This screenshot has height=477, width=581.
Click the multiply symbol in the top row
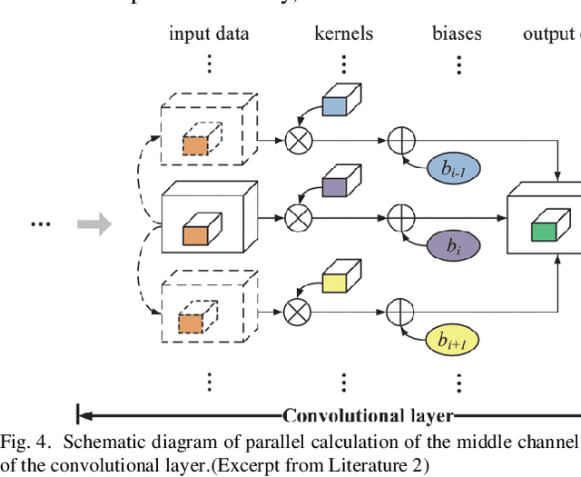coord(297,140)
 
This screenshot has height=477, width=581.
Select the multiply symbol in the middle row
coord(297,218)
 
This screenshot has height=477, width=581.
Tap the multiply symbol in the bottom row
coord(297,312)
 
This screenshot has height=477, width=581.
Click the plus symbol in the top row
coord(400,140)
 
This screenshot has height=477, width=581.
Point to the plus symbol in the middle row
coord(400,218)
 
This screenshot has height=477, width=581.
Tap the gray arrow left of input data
coord(94,222)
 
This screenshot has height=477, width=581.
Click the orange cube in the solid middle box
coord(196,233)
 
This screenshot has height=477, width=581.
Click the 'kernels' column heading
coord(344,35)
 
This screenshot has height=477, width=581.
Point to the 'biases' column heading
coord(457,35)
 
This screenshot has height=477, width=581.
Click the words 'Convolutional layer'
coord(368,416)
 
